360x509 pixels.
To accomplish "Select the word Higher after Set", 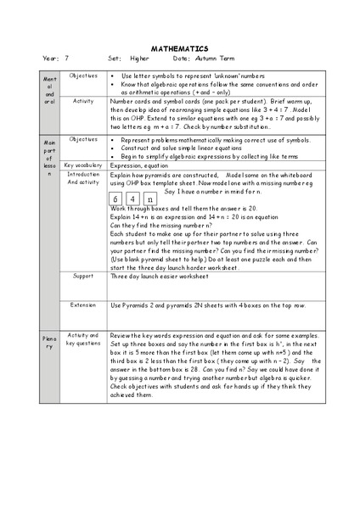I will tap(139, 59).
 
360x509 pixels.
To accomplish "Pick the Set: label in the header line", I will tap(115, 59).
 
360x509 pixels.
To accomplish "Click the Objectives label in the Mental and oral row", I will tap(83, 76).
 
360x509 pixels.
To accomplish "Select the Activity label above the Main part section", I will tap(83, 100).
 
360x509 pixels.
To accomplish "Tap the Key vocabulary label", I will tap(83, 165).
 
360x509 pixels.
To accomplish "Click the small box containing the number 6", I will tap(118, 199).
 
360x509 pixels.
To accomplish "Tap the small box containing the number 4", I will tap(134, 199).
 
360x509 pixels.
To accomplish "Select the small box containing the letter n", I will tap(149, 199).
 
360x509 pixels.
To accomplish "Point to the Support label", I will tap(83, 276).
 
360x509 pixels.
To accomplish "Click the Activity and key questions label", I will tap(83, 339).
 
